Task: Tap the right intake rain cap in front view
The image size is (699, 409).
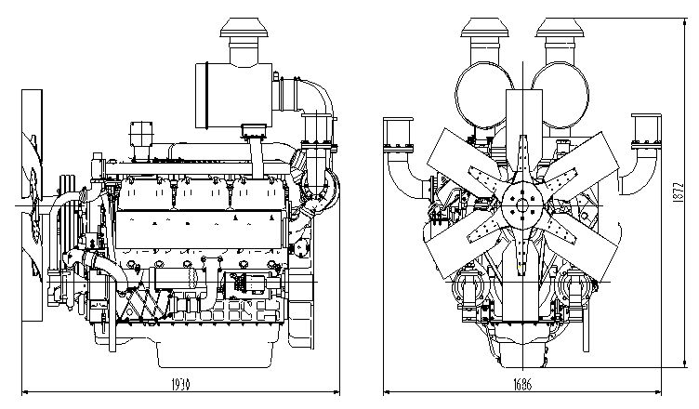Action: [x=561, y=37]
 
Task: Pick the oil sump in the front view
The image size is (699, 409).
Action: [x=523, y=349]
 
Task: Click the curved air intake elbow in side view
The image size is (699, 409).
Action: [x=296, y=93]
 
